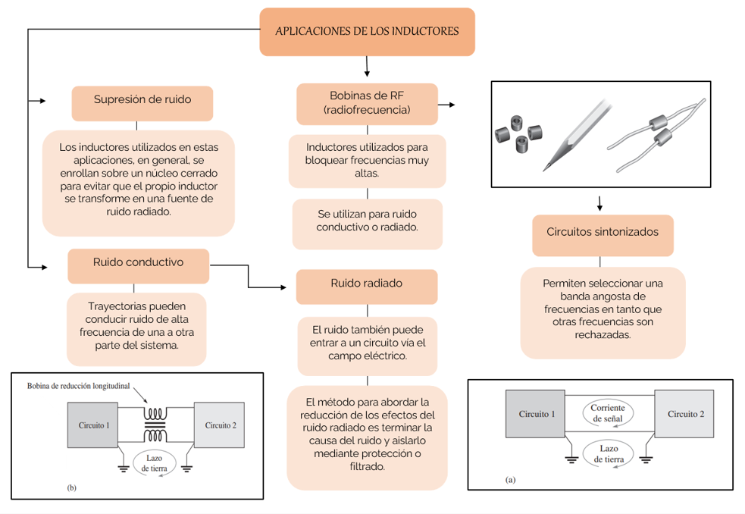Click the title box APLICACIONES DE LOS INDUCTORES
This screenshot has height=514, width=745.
tap(367, 32)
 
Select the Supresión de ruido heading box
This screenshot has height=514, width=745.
tap(142, 100)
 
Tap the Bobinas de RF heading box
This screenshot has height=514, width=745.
tap(367, 102)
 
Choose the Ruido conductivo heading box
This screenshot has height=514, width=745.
tap(138, 262)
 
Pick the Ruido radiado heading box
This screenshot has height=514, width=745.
tap(367, 284)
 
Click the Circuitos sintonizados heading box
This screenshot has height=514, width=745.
tap(602, 232)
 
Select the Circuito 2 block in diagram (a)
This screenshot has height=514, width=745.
tap(685, 414)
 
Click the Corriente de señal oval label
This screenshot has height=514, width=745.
tap(608, 413)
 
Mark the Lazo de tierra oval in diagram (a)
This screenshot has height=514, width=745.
tap(608, 453)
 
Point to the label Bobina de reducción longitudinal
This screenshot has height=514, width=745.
tap(78, 385)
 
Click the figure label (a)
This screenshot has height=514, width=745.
tap(510, 480)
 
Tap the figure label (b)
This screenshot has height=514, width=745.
tap(72, 487)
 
